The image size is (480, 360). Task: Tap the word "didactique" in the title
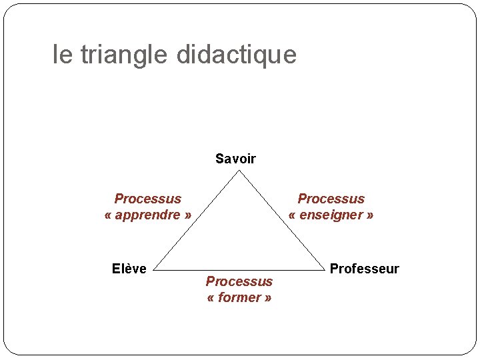237,55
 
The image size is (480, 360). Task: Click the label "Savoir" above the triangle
235,159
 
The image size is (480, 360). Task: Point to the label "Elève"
129,269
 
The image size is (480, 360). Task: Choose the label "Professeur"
364,269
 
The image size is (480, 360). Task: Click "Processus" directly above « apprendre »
148,199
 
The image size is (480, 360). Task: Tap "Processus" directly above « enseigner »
331,199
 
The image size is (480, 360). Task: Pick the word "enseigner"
331,215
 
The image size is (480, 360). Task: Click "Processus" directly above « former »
239,281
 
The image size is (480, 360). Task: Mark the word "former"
239,297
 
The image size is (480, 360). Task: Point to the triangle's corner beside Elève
154,271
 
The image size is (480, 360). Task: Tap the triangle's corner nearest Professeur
323,271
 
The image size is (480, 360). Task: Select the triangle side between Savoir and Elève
197,221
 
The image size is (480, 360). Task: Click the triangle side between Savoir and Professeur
281,221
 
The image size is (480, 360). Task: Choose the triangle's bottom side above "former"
239,271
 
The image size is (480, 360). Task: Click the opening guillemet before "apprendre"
108,215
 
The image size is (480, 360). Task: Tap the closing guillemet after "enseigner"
370,215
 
